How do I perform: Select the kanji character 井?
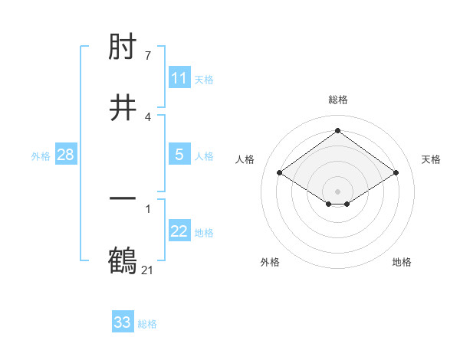[123, 107]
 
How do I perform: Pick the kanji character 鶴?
[123, 259]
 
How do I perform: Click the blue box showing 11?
[179, 78]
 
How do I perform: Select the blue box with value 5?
[179, 155]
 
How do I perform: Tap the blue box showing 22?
[179, 231]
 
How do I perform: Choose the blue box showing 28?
[66, 155]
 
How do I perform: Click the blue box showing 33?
[123, 322]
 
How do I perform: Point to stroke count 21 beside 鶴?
[148, 270]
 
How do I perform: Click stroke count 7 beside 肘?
[148, 56]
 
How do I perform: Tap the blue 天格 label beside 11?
[204, 80]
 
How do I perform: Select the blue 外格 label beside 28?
[41, 156]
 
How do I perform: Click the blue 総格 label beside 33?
[147, 324]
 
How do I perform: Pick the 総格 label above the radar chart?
[338, 100]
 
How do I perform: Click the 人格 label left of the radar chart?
[245, 159]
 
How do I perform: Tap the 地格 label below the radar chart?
[402, 262]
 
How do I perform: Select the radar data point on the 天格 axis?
[396, 173]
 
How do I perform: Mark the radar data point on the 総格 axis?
[337, 131]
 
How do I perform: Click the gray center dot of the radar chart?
[337, 191]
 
